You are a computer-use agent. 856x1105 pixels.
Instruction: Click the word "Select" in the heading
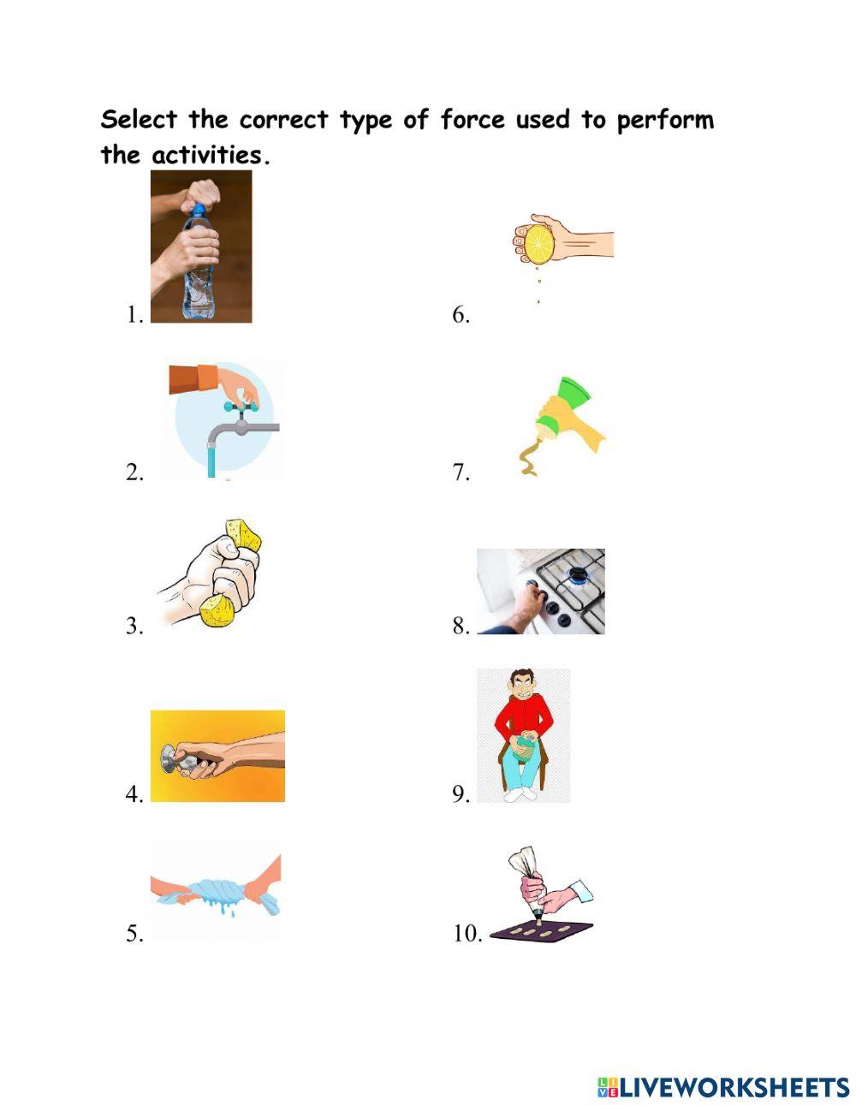[140, 120]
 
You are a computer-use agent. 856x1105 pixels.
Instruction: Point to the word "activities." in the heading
[210, 156]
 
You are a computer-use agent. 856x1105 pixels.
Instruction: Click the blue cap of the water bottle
[198, 209]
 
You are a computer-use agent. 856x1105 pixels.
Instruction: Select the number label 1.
[134, 315]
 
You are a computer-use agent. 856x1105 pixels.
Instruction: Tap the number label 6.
[461, 315]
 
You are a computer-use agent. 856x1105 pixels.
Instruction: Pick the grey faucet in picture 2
[248, 425]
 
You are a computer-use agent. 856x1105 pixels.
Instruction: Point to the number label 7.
[461, 472]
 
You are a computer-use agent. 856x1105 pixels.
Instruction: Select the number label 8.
[461, 627]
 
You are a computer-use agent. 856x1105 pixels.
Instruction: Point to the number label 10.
[467, 934]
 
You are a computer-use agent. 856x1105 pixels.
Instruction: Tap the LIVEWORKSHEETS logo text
[733, 1087]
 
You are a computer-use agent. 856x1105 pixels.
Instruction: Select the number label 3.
[134, 627]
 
